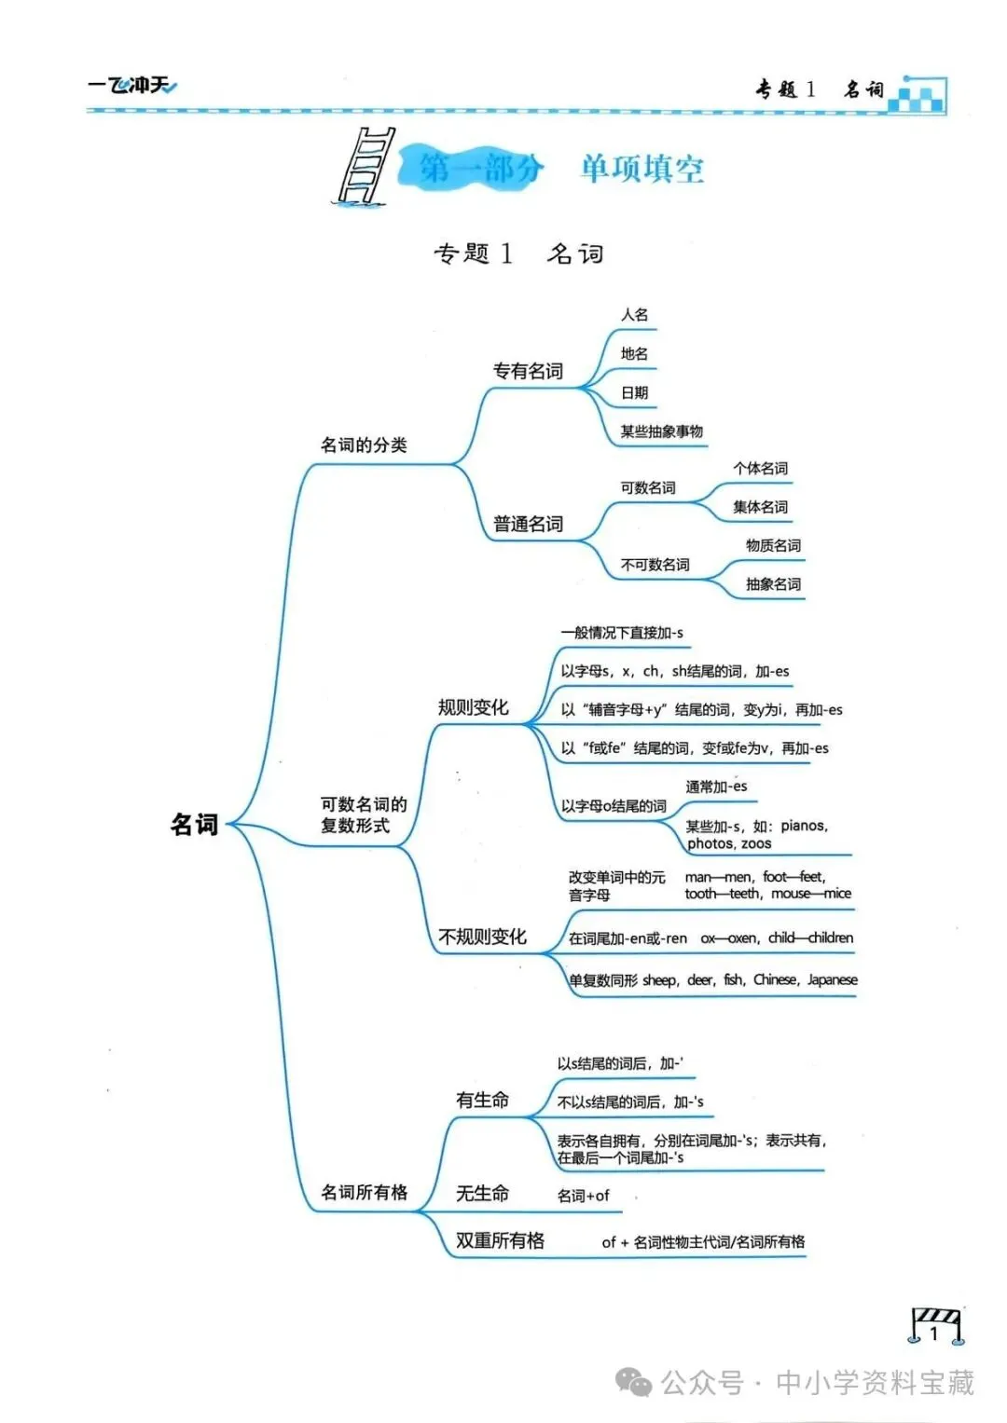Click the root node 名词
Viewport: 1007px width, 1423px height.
(x=194, y=825)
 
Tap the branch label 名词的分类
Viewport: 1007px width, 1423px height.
(x=364, y=445)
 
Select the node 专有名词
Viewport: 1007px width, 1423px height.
(x=528, y=371)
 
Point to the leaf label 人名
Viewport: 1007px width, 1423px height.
(x=634, y=315)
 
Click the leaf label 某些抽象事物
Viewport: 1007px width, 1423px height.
(x=662, y=431)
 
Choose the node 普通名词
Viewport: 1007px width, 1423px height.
(x=528, y=525)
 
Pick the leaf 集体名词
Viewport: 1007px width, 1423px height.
(x=760, y=507)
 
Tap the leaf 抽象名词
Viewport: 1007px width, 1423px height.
(x=773, y=584)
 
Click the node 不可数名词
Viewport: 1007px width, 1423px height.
(x=655, y=565)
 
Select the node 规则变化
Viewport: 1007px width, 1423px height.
(x=473, y=707)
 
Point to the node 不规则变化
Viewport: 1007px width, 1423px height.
(x=482, y=937)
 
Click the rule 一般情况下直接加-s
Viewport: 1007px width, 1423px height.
(x=622, y=633)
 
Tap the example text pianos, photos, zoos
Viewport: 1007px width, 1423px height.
(x=755, y=835)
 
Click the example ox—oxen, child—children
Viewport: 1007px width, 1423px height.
(x=777, y=938)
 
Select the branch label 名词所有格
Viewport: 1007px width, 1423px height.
(x=364, y=1192)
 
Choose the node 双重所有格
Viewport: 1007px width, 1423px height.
(x=500, y=1241)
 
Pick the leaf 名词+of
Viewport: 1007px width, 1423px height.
(x=583, y=1196)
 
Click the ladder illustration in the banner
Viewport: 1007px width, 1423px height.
(x=365, y=166)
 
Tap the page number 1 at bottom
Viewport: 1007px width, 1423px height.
(x=934, y=1333)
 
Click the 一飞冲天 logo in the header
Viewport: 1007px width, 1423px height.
(x=132, y=87)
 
